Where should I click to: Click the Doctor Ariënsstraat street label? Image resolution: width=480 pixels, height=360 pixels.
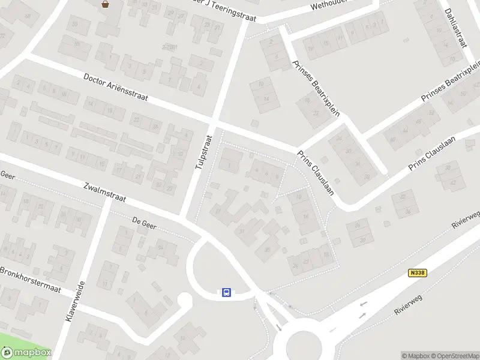(116, 88)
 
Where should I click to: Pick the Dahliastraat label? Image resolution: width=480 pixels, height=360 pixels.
(456, 27)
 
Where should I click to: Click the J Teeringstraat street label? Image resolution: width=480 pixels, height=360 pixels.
(228, 12)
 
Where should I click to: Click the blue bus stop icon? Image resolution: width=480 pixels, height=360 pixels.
(227, 292)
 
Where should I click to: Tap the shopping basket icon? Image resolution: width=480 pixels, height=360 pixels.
(106, 4)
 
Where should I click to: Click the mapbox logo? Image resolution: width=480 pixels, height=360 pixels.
(25, 353)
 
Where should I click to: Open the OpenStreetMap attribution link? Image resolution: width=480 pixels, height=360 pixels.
(454, 356)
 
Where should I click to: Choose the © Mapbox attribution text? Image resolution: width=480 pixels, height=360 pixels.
(415, 356)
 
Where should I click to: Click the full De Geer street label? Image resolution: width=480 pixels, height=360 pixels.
(144, 221)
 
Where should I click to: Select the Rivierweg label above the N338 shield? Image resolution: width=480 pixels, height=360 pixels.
(467, 219)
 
